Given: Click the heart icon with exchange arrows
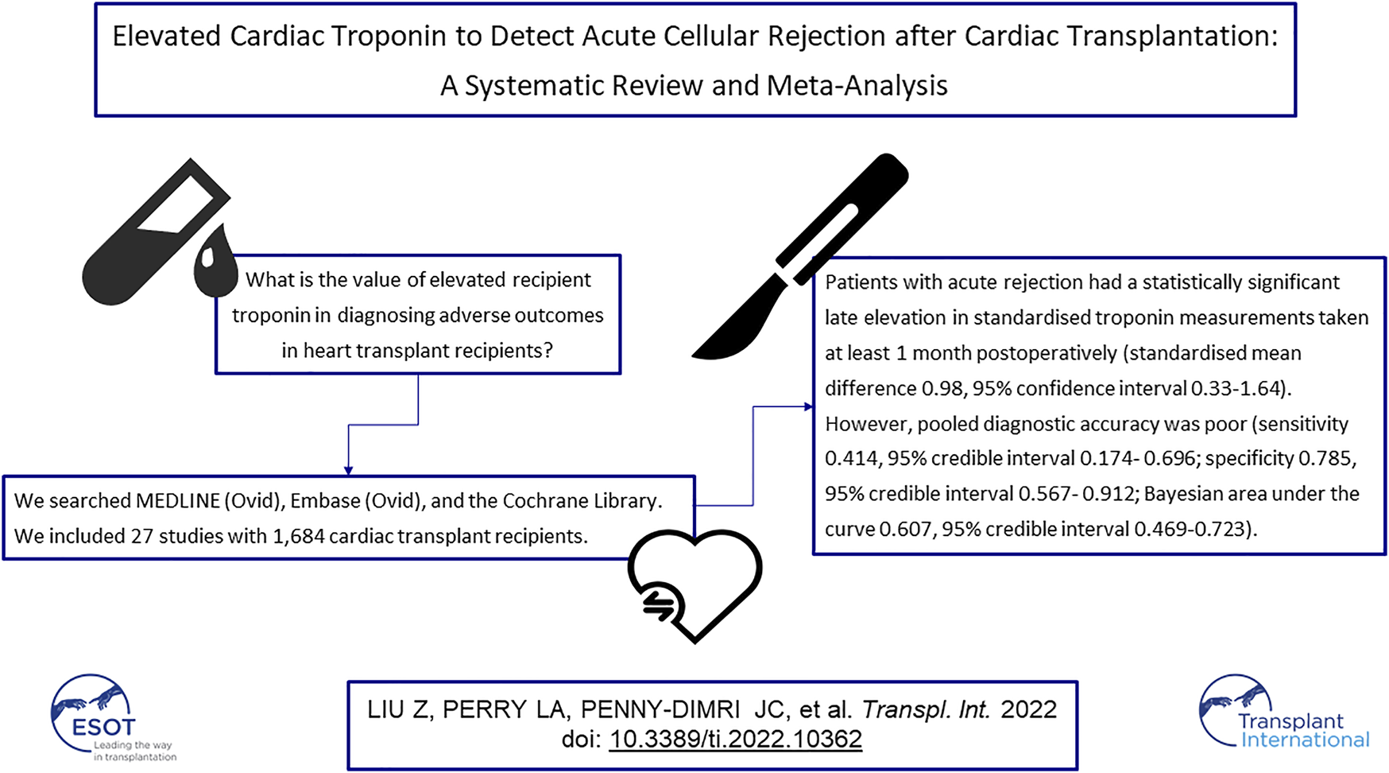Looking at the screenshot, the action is tap(694, 586).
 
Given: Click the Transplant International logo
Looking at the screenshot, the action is tap(1284, 713).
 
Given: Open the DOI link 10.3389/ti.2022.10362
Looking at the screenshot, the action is tap(735, 739).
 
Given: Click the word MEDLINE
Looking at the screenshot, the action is tap(178, 501).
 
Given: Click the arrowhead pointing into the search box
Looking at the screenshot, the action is tap(348, 471).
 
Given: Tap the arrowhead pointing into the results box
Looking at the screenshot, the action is tap(808, 407).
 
